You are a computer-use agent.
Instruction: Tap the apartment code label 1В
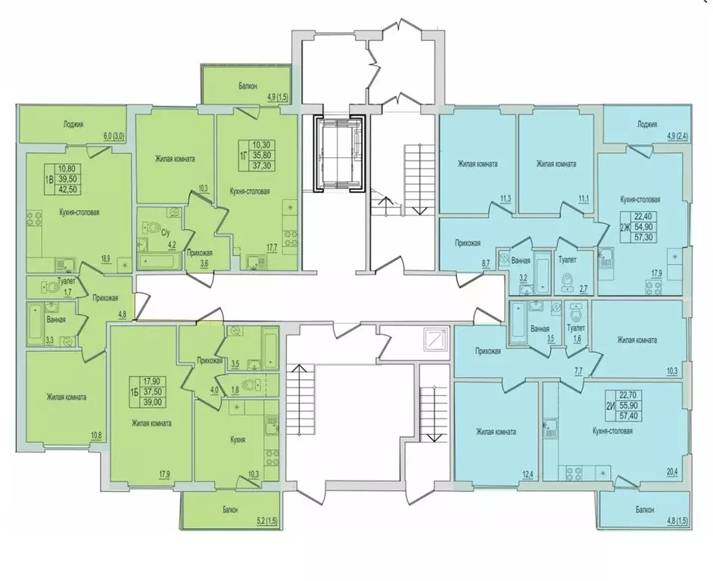(48, 179)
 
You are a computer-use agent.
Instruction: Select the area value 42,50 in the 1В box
(69, 188)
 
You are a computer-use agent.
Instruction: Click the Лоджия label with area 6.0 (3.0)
(73, 124)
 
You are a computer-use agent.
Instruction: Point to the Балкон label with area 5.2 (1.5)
(230, 510)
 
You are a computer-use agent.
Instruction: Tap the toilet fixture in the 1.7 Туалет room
(51, 287)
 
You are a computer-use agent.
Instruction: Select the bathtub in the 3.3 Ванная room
(34, 324)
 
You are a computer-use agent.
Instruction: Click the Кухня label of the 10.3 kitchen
(237, 440)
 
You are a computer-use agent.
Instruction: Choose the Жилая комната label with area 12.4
(496, 432)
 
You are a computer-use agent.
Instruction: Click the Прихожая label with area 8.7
(468, 244)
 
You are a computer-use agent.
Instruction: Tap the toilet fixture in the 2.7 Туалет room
(568, 282)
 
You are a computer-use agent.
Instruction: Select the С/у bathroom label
(166, 233)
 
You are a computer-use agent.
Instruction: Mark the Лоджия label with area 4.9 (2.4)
(647, 123)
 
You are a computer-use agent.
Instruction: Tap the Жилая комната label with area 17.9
(151, 423)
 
